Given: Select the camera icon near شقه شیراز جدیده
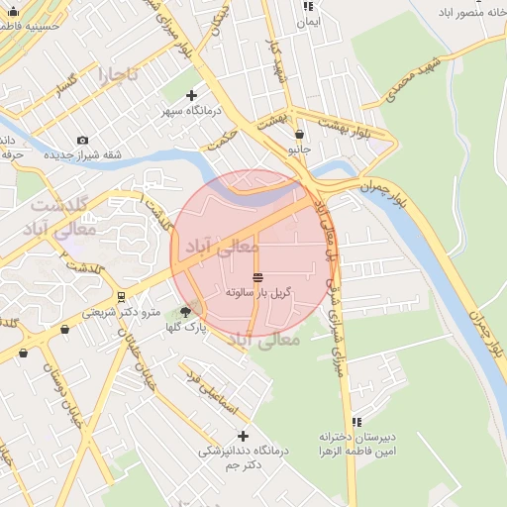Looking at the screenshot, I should pyautogui.click(x=82, y=140).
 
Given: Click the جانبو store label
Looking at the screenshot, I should pyautogui.click(x=299, y=149).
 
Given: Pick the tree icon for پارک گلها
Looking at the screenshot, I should pyautogui.click(x=185, y=312).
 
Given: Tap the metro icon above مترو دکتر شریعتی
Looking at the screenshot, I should pyautogui.click(x=121, y=296).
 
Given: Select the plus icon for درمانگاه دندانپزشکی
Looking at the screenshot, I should pyautogui.click(x=243, y=436).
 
